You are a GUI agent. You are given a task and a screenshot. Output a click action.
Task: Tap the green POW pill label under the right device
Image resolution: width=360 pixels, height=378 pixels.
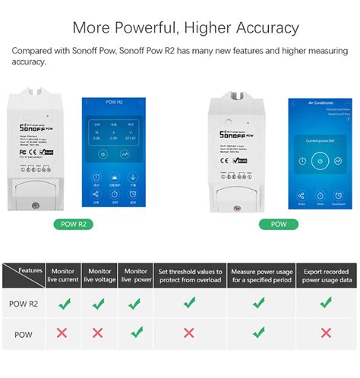278,225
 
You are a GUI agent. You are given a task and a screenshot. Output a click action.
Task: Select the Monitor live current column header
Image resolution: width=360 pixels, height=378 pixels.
62,275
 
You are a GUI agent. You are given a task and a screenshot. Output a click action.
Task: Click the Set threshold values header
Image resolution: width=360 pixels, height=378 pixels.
189,275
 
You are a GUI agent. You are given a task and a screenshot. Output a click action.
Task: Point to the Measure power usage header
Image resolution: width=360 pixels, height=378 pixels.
259,275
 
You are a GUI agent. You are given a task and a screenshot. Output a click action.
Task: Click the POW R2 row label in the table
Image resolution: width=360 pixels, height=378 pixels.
24,304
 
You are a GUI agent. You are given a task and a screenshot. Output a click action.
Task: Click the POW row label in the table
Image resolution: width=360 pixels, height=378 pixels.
24,334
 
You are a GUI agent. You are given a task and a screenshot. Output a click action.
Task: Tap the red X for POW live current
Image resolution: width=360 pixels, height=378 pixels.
62,333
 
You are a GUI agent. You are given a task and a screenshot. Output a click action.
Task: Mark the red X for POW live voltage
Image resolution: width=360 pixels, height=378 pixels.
98,333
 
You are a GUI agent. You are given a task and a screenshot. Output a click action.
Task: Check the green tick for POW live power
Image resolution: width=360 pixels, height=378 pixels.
136,332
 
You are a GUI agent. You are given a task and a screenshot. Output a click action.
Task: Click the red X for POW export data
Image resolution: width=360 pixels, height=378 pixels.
326,333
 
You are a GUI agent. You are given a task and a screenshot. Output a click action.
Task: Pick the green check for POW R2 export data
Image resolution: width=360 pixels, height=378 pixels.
326,303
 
